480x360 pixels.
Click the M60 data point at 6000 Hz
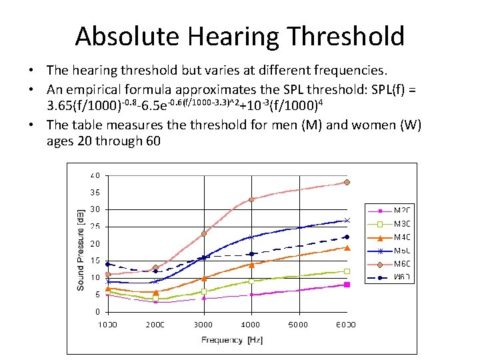tap(347, 182)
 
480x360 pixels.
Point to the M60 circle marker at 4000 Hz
tap(251, 199)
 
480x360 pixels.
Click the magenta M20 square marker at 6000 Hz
tap(347, 285)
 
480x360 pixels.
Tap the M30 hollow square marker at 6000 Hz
tap(347, 271)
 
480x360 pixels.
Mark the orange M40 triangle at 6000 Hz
tap(347, 247)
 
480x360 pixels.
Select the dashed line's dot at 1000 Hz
tap(108, 264)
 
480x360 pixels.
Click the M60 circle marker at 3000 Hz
tap(204, 233)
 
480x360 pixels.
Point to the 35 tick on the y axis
tap(95, 193)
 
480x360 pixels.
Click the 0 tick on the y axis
tap(97, 312)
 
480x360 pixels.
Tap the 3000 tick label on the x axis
tap(203, 325)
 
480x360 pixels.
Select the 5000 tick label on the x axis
tap(299, 325)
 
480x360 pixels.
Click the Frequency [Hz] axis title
tap(232, 340)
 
